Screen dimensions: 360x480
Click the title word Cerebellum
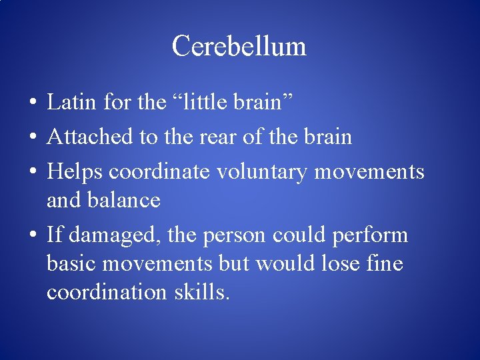pos(239,46)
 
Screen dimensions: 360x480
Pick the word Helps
pos(75,171)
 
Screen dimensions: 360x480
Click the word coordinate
pos(159,171)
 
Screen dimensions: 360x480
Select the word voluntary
pos(262,171)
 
